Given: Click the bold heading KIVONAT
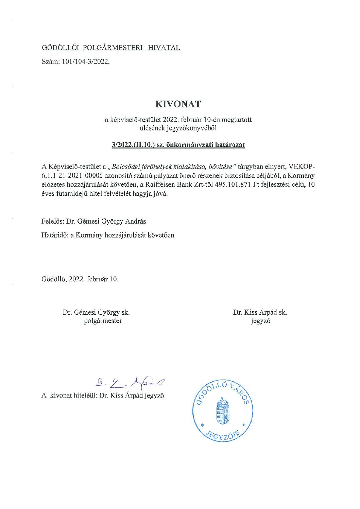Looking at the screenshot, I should click(178, 104).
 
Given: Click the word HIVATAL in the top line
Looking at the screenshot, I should click(164, 48).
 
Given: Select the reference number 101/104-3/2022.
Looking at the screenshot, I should click(86, 62).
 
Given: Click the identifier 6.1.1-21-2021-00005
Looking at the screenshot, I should click(72, 176).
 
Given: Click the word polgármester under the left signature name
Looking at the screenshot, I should click(103, 320).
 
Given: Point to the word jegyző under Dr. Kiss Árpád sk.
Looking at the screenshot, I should click(260, 320).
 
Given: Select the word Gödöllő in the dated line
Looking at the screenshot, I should click(54, 279).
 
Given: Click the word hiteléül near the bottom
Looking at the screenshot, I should click(85, 395).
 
